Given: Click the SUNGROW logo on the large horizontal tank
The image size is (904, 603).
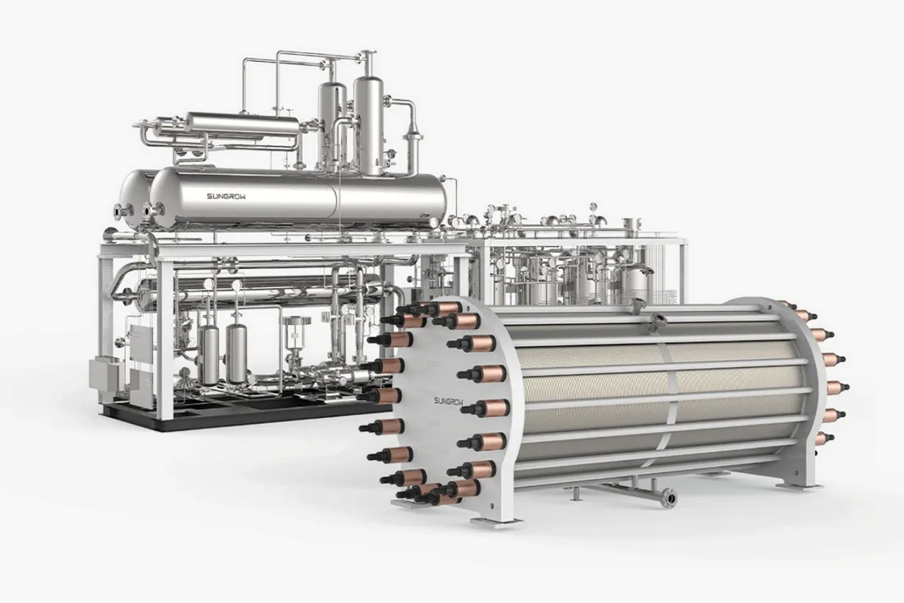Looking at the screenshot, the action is coord(227,197).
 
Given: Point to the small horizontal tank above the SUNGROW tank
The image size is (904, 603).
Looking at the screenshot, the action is coord(242,125).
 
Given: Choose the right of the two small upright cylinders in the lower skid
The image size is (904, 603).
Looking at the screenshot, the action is coord(237,352).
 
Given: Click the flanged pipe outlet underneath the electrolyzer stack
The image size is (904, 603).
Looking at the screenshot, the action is coord(669,497).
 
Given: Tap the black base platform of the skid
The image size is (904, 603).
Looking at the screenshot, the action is coord(242,416).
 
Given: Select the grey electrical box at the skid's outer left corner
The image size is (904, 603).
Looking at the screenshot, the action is coord(103,375).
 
